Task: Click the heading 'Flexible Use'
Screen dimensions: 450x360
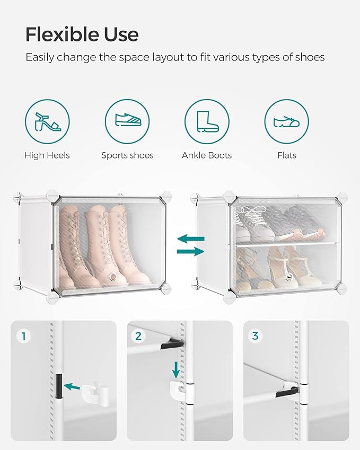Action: (82, 34)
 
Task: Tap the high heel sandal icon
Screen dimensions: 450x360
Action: (47, 121)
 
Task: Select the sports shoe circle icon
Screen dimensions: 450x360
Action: (127, 121)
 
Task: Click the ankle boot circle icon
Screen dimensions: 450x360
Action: (207, 121)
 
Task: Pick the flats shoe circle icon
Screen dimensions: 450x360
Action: (286, 121)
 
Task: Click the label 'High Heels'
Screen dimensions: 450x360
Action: (47, 155)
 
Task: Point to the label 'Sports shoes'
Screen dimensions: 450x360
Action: (127, 155)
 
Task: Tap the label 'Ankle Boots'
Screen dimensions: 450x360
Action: (207, 155)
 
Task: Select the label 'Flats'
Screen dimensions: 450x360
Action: (286, 155)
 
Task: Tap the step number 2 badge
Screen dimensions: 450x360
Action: (138, 336)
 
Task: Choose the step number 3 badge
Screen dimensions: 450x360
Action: (255, 336)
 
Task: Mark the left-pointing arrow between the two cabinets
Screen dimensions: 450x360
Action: (190, 240)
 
